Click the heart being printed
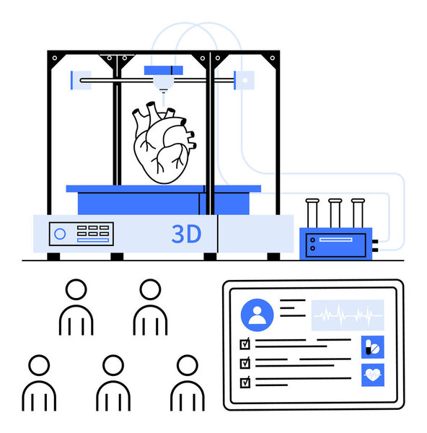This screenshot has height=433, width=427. (x=164, y=142)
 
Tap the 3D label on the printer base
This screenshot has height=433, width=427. (x=186, y=234)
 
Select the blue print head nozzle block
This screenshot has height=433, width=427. (x=164, y=71)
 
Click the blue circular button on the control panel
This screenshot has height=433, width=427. (x=60, y=234)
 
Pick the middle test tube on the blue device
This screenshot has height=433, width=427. (x=335, y=213)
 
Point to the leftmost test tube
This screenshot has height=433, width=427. (x=312, y=213)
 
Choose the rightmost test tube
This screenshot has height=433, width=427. (x=358, y=213)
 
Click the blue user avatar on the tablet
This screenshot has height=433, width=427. (x=257, y=315)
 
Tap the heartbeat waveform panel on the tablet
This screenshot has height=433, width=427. (x=348, y=315)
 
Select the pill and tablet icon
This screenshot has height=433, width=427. (x=373, y=347)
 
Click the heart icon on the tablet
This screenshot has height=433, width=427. (x=373, y=375)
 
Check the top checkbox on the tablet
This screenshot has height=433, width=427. (x=245, y=344)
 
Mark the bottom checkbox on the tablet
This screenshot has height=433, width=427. (x=245, y=382)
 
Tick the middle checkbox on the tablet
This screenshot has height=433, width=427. (x=245, y=363)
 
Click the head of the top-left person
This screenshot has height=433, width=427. (x=76, y=289)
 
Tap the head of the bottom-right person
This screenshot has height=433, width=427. (x=188, y=365)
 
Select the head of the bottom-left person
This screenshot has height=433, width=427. (x=39, y=365)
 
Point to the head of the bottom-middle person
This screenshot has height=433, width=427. (x=113, y=365)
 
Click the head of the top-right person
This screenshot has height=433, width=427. (x=150, y=289)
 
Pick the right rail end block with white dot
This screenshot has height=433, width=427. (x=245, y=80)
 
